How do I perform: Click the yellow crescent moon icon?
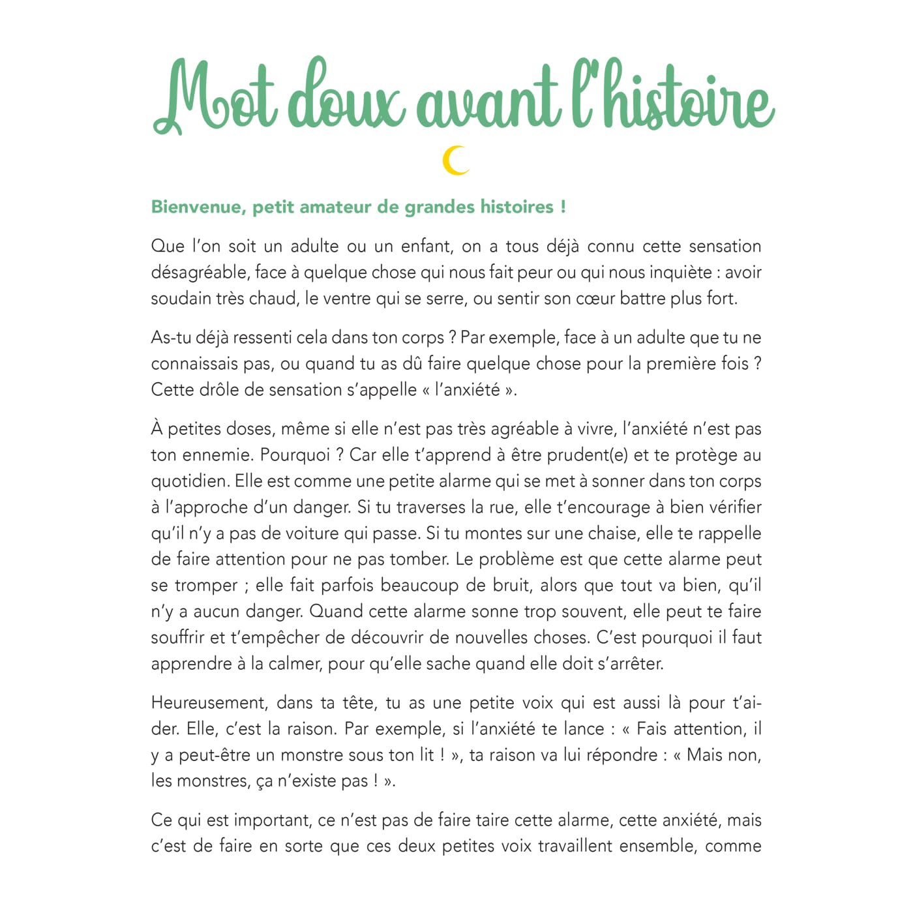click(456, 160)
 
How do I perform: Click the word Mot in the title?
click(215, 98)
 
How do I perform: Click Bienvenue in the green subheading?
click(196, 207)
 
